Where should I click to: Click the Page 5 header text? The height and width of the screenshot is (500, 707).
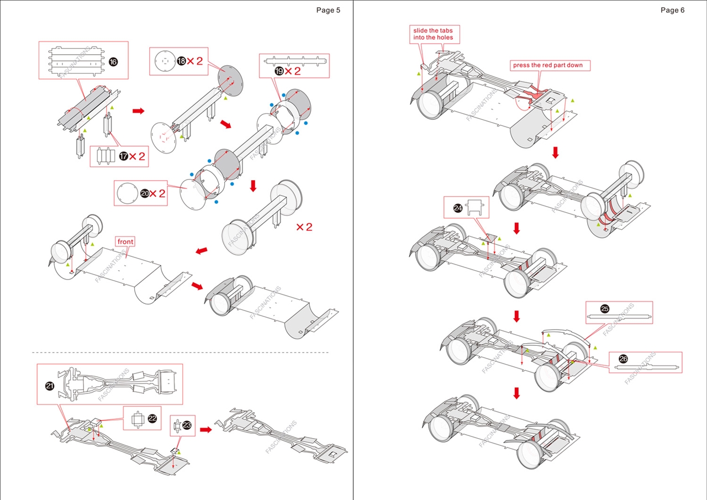(x=328, y=10)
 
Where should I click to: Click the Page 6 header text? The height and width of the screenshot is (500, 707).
(x=672, y=10)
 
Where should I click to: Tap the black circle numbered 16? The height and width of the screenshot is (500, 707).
(x=113, y=62)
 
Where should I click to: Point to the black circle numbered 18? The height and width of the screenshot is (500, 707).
(x=181, y=61)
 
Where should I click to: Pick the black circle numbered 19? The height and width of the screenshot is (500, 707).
(x=279, y=71)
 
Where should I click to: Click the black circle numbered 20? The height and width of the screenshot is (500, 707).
(x=145, y=193)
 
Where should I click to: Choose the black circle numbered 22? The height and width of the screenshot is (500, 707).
(x=152, y=418)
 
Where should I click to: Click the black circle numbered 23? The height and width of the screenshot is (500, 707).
(x=187, y=425)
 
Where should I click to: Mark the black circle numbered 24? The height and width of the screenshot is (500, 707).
(x=458, y=208)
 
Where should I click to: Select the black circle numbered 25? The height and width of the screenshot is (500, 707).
(x=604, y=309)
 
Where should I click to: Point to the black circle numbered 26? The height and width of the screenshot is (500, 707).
(x=623, y=359)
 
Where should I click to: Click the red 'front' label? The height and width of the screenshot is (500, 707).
(x=125, y=241)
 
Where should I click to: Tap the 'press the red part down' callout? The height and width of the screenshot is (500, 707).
(x=547, y=65)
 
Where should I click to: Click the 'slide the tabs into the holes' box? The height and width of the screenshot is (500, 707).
(x=433, y=34)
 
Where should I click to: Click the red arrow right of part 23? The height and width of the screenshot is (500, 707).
(x=206, y=429)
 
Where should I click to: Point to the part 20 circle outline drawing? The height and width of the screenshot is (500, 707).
(x=126, y=193)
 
